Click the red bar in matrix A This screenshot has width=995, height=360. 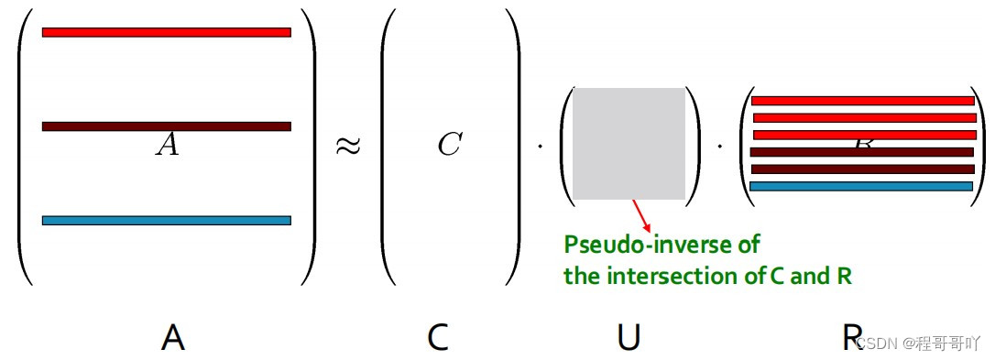[166, 33]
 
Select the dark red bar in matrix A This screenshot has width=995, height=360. [166, 126]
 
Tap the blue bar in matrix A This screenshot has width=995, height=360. [166, 220]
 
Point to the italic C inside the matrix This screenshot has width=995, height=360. [449, 145]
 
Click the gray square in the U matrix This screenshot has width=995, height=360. [629, 143]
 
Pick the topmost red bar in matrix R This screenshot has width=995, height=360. [862, 101]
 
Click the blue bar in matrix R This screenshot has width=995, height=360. [860, 186]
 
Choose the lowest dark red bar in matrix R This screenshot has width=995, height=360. [862, 169]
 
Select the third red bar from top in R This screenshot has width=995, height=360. [864, 135]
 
